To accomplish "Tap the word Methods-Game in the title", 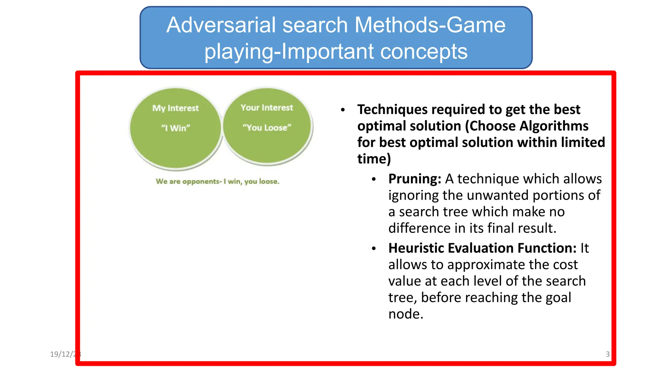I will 430,25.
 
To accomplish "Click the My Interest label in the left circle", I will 176,108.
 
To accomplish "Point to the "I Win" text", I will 176,128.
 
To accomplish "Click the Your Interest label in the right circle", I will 267,108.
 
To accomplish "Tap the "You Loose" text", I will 267,128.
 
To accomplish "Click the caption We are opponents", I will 218,181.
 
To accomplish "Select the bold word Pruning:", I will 414,179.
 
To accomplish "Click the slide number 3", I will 607,354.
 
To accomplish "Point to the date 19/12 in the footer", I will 61,354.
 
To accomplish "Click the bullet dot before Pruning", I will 374,179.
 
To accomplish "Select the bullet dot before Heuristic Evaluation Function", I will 374,249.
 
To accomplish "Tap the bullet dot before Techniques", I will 343,110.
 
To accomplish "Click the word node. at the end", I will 406,314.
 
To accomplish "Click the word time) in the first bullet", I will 374,159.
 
